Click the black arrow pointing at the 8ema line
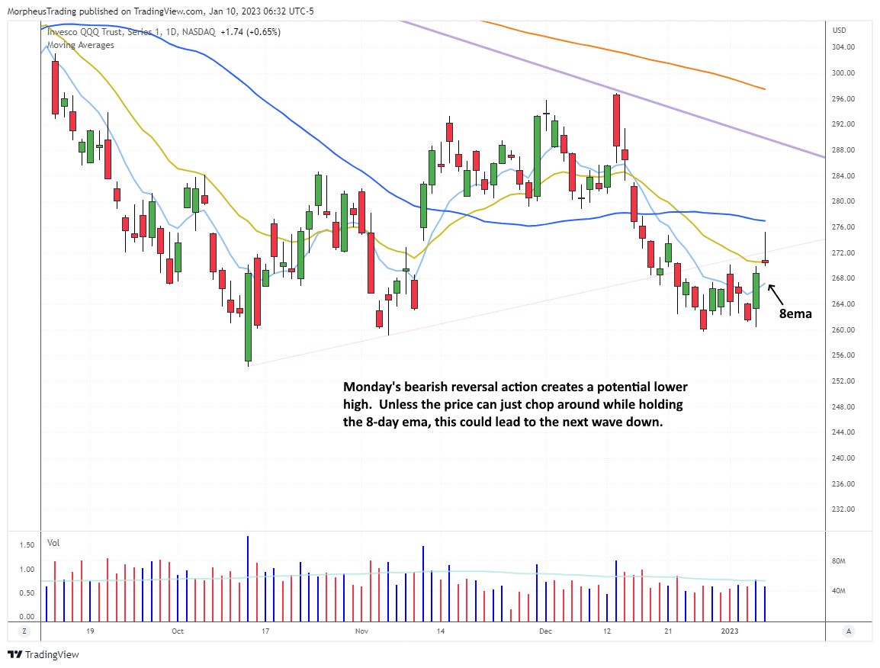point(778,293)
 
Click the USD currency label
point(840,31)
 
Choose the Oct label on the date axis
point(177,631)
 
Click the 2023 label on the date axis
point(730,631)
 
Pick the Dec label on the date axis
point(544,631)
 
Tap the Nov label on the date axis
point(362,631)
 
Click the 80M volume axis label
point(840,561)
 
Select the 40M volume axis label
point(840,591)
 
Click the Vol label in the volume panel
point(53,544)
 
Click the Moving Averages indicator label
point(80,45)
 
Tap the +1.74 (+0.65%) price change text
point(250,32)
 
